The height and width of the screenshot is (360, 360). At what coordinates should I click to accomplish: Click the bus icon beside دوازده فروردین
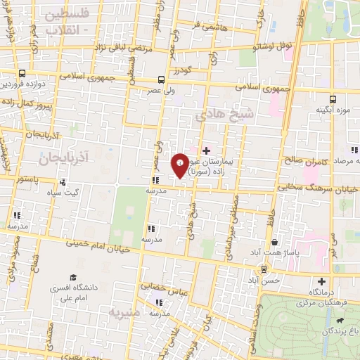point(22,73)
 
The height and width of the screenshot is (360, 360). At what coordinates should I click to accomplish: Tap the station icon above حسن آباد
point(264,269)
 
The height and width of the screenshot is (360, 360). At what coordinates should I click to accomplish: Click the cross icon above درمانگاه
point(323,281)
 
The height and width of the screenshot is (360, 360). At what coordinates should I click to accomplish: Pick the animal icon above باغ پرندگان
point(340,321)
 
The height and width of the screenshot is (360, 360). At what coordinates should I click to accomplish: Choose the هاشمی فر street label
point(210,25)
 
